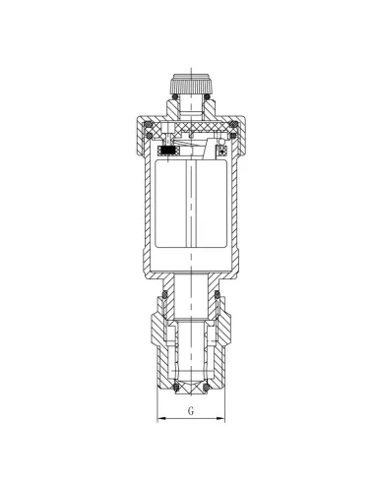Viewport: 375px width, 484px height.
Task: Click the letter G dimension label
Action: (191, 410)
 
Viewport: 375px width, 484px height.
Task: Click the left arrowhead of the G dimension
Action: (160, 418)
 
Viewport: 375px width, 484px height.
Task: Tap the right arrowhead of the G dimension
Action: (221, 418)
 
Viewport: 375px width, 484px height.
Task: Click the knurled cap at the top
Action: (191, 84)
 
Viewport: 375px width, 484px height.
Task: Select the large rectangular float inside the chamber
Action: (191, 204)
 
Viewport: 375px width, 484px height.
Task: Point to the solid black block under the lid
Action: (168, 151)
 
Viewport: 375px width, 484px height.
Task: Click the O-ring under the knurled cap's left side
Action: (175, 96)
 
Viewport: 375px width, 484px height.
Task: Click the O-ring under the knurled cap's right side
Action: (207, 96)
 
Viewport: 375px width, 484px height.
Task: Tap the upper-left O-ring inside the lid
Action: (149, 125)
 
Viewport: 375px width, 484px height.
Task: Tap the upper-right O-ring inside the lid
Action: (233, 124)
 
